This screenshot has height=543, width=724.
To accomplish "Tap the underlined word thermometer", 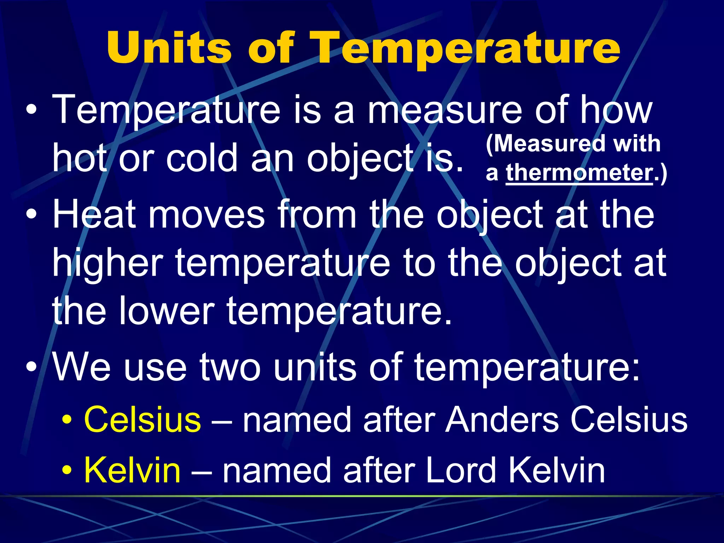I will [579, 173].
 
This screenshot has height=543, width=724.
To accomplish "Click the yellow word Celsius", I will [142, 419].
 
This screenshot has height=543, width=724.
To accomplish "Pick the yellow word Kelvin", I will [132, 470].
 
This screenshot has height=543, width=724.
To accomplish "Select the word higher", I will [107, 264].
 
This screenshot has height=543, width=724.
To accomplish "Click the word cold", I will [202, 158].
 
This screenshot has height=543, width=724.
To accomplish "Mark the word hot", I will [80, 158].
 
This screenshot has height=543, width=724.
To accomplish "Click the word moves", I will [206, 214].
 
